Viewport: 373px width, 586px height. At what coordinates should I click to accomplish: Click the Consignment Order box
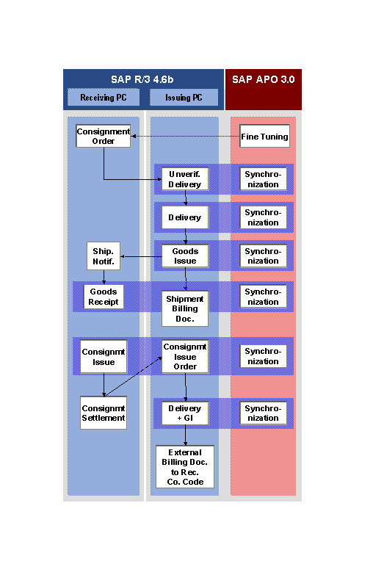coord(103,136)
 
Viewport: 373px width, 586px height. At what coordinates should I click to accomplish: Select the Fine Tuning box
coord(264,136)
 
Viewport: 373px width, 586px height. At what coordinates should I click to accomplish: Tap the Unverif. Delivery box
coord(185,179)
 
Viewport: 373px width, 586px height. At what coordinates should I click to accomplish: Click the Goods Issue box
coord(185,256)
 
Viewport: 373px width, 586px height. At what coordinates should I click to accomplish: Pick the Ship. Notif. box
coord(104,256)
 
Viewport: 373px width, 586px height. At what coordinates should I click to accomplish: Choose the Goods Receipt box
coord(104,297)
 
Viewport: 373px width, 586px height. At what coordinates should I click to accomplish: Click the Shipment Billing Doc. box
coord(185,308)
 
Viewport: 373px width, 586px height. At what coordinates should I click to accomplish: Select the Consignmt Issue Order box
coord(185,357)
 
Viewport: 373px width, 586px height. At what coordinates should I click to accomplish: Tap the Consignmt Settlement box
coord(104,413)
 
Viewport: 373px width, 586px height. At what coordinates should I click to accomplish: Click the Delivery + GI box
coord(185,413)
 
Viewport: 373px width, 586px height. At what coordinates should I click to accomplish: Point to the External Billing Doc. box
coord(185,467)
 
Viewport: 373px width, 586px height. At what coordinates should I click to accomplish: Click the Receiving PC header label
coord(104,98)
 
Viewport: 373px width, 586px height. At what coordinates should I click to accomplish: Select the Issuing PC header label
coord(184,98)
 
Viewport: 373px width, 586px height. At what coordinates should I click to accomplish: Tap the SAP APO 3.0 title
coord(264,79)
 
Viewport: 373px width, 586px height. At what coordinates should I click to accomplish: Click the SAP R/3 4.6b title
coord(142,79)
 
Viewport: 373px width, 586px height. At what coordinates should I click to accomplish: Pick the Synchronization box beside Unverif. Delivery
coord(263,179)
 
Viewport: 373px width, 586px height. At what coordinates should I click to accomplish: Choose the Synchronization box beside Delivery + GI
coord(263,413)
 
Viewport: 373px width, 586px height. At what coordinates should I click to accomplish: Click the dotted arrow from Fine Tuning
coord(185,136)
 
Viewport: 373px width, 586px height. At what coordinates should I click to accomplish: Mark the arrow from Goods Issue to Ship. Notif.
coord(141,256)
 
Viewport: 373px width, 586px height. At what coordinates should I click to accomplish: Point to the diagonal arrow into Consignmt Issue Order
coord(133,376)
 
